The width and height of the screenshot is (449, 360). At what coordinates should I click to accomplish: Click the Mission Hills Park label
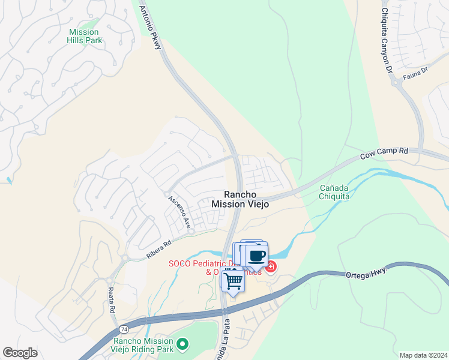pos(85,36)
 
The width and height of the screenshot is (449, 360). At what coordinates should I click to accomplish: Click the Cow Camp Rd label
pos(384,154)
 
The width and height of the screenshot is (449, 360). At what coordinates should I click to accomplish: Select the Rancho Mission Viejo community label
pos(240,199)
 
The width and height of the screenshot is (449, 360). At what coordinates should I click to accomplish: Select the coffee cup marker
pos(257,256)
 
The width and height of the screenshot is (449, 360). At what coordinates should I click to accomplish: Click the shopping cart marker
pos(233,280)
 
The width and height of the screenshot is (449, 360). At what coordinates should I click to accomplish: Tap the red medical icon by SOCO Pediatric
pos(271,266)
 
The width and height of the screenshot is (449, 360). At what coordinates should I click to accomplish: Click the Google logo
pos(20,353)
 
